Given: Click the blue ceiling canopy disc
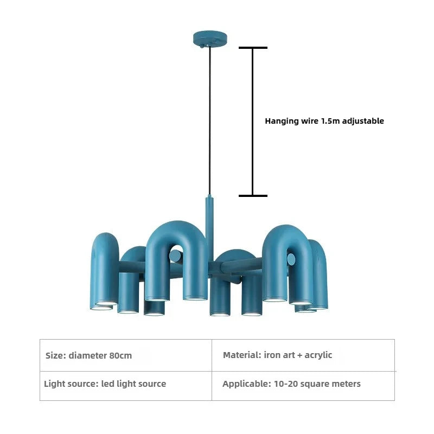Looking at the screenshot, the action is [x=210, y=38].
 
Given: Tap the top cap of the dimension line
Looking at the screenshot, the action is [x=253, y=48].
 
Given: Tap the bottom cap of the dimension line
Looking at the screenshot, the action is [x=253, y=196].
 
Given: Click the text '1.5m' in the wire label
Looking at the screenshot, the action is [x=330, y=121].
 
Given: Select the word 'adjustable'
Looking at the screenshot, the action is [x=363, y=121].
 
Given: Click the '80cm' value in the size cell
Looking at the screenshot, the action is [x=120, y=356].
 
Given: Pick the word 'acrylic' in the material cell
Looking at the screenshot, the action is [x=318, y=355].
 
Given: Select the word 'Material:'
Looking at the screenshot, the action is [x=242, y=355].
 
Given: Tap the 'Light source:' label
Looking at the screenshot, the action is [x=72, y=384].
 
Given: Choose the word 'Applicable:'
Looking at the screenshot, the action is [x=247, y=384].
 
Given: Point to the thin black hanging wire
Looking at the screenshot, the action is [x=210, y=121].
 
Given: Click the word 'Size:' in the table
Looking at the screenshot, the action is [x=56, y=356].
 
